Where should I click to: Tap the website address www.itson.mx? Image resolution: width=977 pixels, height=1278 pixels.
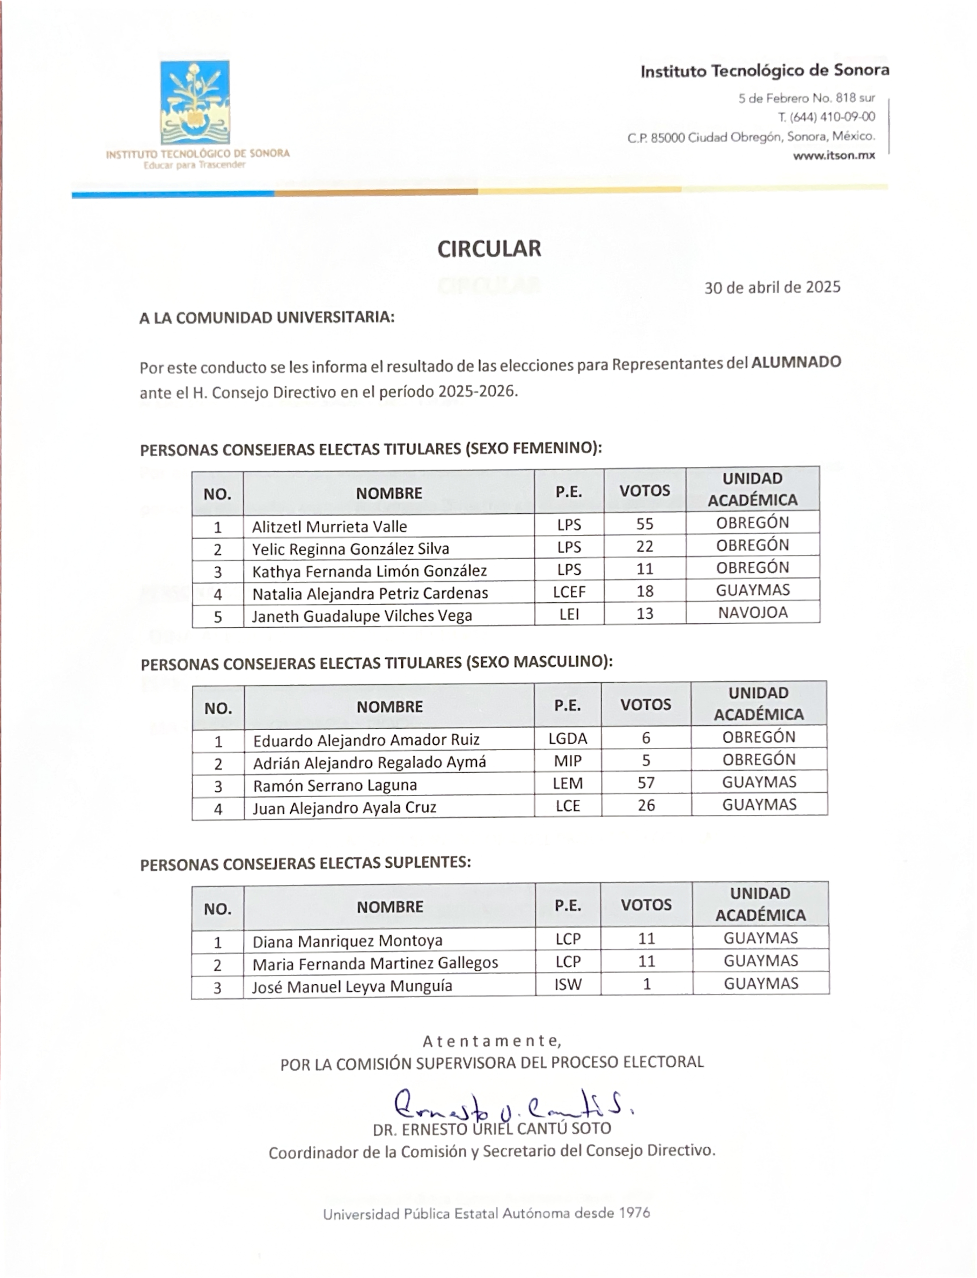click(x=834, y=155)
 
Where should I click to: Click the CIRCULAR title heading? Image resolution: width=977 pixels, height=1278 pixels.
click(x=489, y=249)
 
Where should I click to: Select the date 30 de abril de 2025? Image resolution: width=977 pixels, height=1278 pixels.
click(x=772, y=287)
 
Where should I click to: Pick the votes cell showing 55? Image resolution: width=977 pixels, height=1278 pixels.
click(x=644, y=524)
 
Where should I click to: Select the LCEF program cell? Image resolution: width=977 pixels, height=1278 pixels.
click(x=569, y=592)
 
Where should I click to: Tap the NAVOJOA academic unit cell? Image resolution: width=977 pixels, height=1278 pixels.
click(x=753, y=613)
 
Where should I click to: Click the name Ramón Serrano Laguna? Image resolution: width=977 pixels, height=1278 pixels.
click(x=335, y=785)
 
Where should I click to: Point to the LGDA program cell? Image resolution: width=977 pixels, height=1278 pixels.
click(x=568, y=739)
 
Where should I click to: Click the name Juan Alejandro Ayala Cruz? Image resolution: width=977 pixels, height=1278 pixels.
click(x=344, y=808)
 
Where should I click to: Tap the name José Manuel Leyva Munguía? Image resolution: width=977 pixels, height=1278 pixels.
click(x=352, y=986)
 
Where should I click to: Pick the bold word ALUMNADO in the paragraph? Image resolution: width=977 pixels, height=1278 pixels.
click(x=796, y=362)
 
